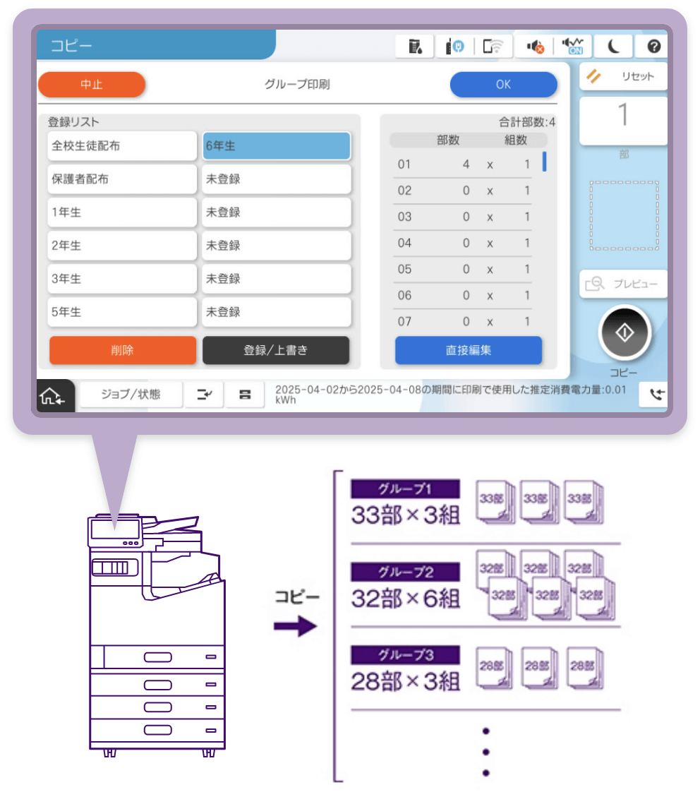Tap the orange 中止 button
tap(92, 84)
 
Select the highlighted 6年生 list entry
tap(277, 146)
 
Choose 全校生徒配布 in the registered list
tap(121, 146)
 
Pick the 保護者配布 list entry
tap(121, 179)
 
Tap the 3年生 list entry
tap(121, 279)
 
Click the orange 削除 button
tap(122, 350)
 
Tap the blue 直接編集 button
tap(468, 350)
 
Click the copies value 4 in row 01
tap(466, 164)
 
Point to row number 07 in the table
tap(404, 321)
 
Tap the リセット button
tap(623, 76)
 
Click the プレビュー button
tap(623, 284)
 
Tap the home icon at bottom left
tap(52, 396)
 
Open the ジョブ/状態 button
tap(131, 394)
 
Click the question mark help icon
tap(653, 47)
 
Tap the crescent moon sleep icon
tap(613, 47)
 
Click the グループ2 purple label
tap(406, 572)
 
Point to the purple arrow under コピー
tap(296, 626)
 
